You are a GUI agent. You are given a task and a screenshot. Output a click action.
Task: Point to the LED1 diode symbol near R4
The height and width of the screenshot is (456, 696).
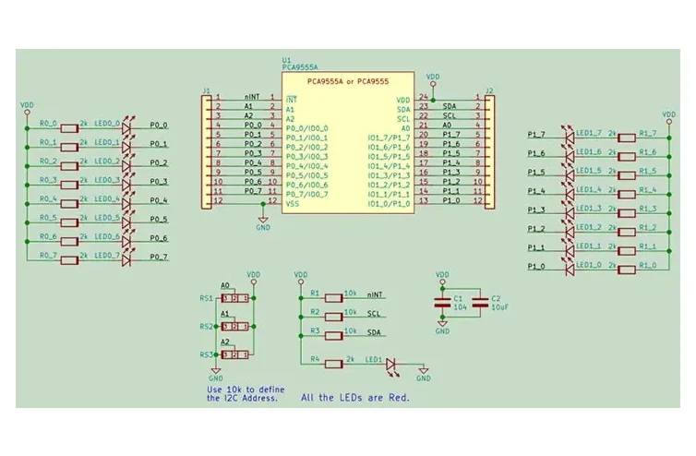pos(390,365)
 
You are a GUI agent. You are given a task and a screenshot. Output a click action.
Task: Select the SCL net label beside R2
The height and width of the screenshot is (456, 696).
pos(374,314)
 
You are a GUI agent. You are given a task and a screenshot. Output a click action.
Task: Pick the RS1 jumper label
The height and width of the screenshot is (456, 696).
pos(205,298)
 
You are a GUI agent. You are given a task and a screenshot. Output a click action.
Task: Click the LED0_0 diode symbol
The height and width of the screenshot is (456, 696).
pos(126,126)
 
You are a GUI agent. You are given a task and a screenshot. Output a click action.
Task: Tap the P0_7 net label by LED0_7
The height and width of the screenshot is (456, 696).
pos(159,257)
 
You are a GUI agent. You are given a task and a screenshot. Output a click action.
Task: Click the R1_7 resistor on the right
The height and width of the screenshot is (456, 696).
pos(626,136)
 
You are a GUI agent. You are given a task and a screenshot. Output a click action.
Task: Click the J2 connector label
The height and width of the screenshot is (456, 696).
pos(489,90)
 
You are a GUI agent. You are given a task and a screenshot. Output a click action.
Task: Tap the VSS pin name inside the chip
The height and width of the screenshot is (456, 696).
pos(292,203)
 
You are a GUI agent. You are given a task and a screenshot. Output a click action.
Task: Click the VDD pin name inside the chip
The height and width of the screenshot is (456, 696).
pos(403,99)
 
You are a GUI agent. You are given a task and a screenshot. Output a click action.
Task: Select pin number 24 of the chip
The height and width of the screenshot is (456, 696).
pos(423,96)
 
